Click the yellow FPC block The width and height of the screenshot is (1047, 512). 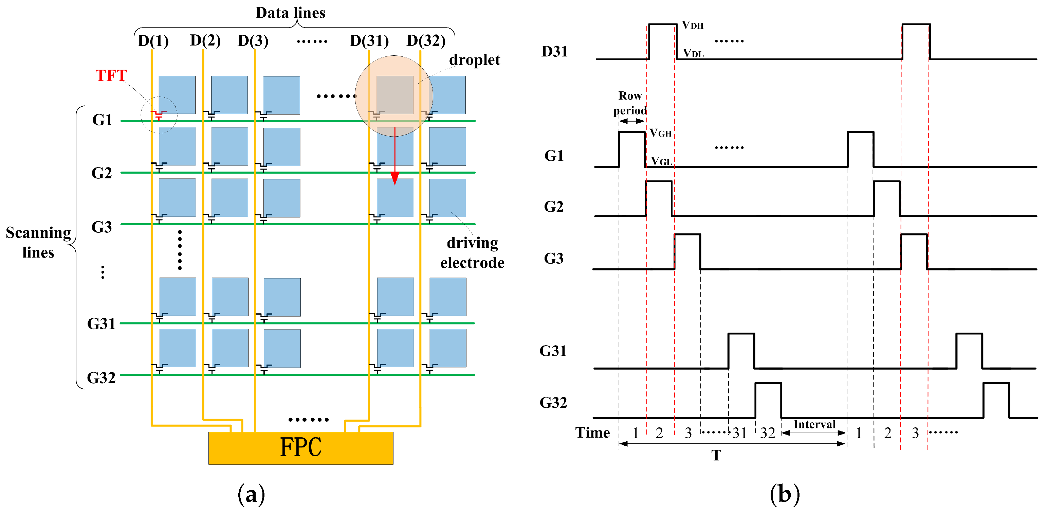coord(300,448)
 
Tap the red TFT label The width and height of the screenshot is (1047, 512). coord(111,76)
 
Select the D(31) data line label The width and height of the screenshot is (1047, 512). coord(369,41)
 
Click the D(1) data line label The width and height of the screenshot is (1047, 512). coord(153,41)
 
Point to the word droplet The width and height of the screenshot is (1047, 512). coord(474,60)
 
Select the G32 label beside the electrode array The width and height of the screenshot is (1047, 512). coord(101,378)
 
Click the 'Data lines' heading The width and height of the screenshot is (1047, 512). coord(290,13)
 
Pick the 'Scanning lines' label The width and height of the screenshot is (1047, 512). coord(38,242)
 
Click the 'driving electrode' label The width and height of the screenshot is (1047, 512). coord(472,252)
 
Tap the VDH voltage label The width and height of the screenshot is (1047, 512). coord(692,25)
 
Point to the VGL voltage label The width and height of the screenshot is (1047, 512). coord(661,161)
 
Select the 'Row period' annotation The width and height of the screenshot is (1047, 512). coord(630,103)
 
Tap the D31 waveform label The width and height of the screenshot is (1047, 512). coord(554,52)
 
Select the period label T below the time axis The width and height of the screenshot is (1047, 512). coord(716,456)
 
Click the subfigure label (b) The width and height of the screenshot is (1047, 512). coord(785,494)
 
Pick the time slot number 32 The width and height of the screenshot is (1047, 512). coord(767,433)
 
